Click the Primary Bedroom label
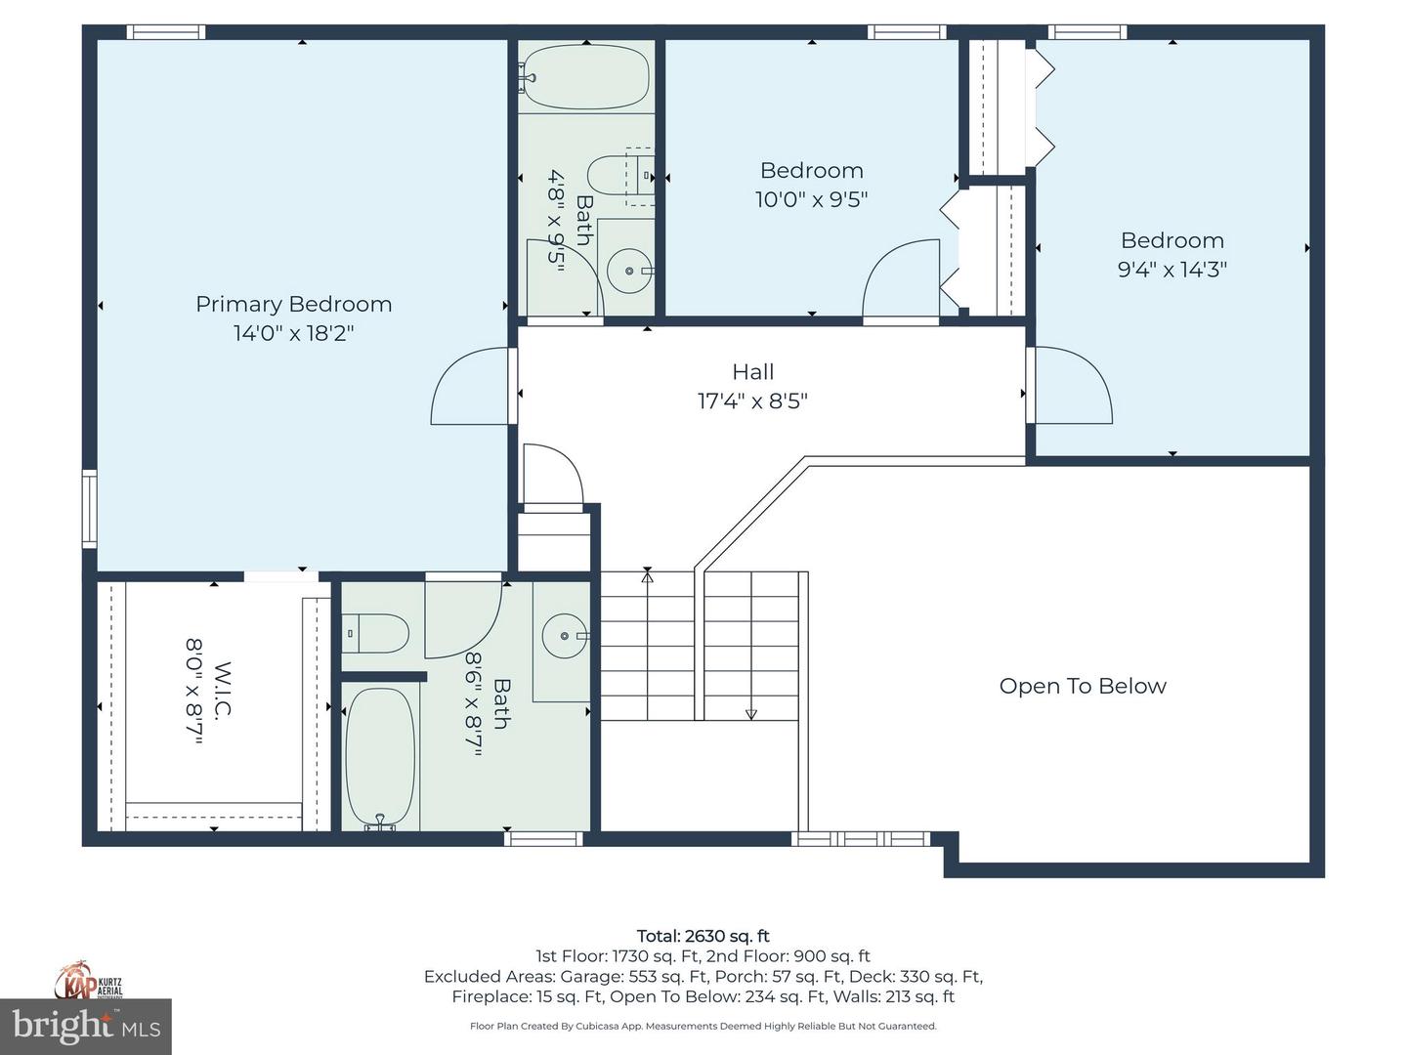(293, 304)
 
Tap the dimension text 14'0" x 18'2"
(293, 333)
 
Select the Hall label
(752, 372)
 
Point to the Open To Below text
(1083, 686)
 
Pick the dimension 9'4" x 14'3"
(1172, 270)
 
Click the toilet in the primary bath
(377, 634)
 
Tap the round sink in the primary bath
(566, 636)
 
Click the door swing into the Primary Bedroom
(472, 387)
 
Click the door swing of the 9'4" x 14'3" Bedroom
(1073, 386)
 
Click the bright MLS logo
(86, 1027)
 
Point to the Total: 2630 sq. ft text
(703, 936)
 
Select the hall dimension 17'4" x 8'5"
(752, 401)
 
